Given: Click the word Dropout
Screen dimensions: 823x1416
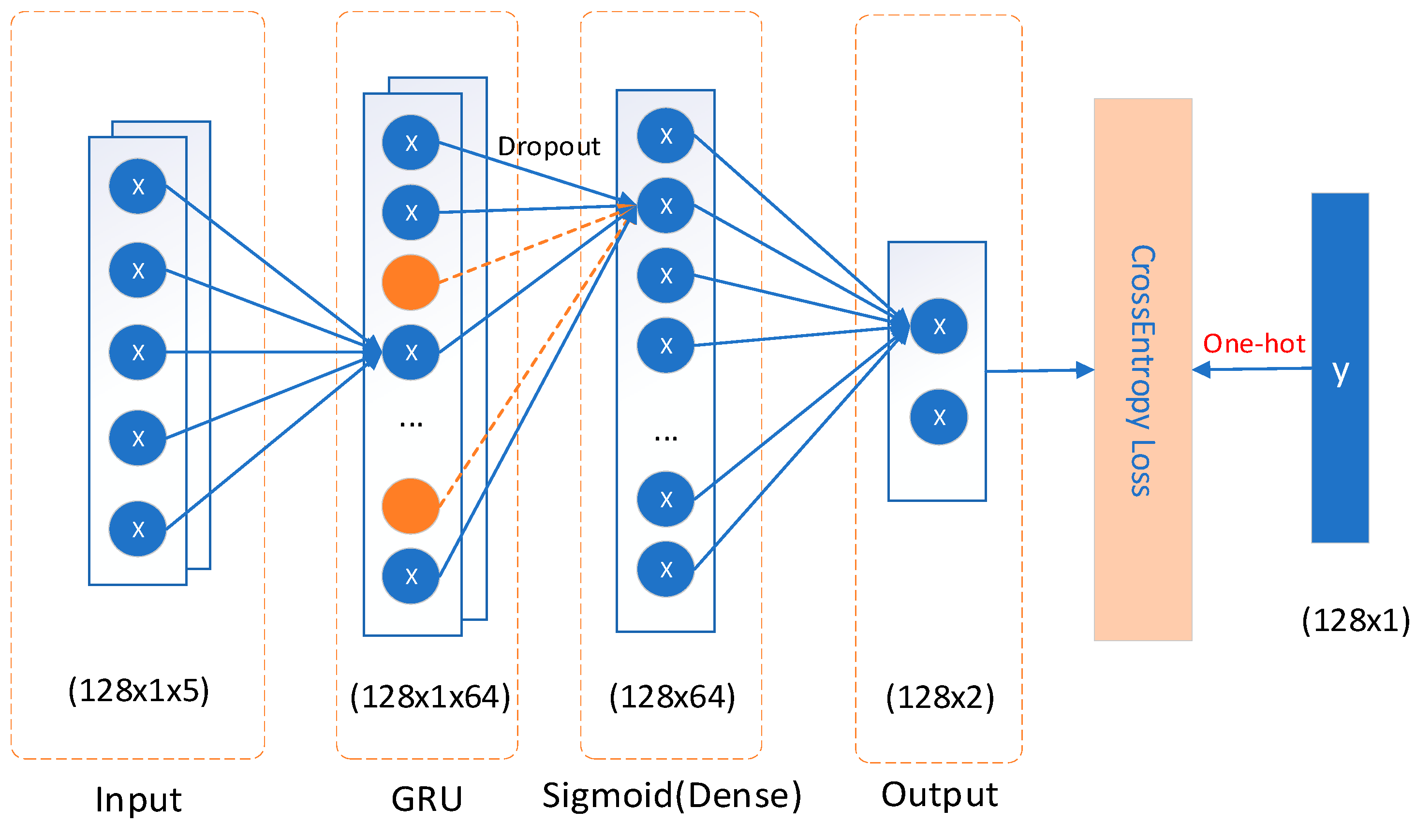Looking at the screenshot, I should point(548,147).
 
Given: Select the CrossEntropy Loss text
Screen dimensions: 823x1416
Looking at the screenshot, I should point(1142,371).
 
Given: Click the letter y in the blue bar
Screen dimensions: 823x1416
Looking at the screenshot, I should point(1340,372).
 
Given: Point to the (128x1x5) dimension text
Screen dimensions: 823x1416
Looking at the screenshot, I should point(138,691).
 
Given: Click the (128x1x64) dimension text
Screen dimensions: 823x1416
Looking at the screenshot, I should point(430,697).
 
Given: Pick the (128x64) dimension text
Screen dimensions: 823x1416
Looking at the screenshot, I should point(672,697).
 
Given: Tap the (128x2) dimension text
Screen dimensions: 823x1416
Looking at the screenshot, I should point(940,698).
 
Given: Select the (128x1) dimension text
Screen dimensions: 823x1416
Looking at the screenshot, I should point(1355,621).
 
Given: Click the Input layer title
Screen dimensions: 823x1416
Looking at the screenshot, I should point(138,800).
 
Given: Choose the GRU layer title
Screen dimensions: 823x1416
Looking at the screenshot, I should point(427,799).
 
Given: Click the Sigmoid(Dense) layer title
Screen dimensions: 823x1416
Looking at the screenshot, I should point(671,796).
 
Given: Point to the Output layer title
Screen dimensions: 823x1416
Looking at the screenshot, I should point(940,795).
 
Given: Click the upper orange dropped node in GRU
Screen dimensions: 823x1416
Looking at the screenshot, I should point(411,282).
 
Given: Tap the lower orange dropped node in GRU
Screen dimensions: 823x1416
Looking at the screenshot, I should point(411,506).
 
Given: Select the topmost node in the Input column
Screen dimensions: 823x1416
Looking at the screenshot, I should point(138,187).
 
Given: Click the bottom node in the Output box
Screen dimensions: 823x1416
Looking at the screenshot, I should point(939,417).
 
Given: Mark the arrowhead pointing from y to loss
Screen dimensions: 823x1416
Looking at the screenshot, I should point(1201,369).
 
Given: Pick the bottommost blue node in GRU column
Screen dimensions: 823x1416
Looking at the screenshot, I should point(411,576).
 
